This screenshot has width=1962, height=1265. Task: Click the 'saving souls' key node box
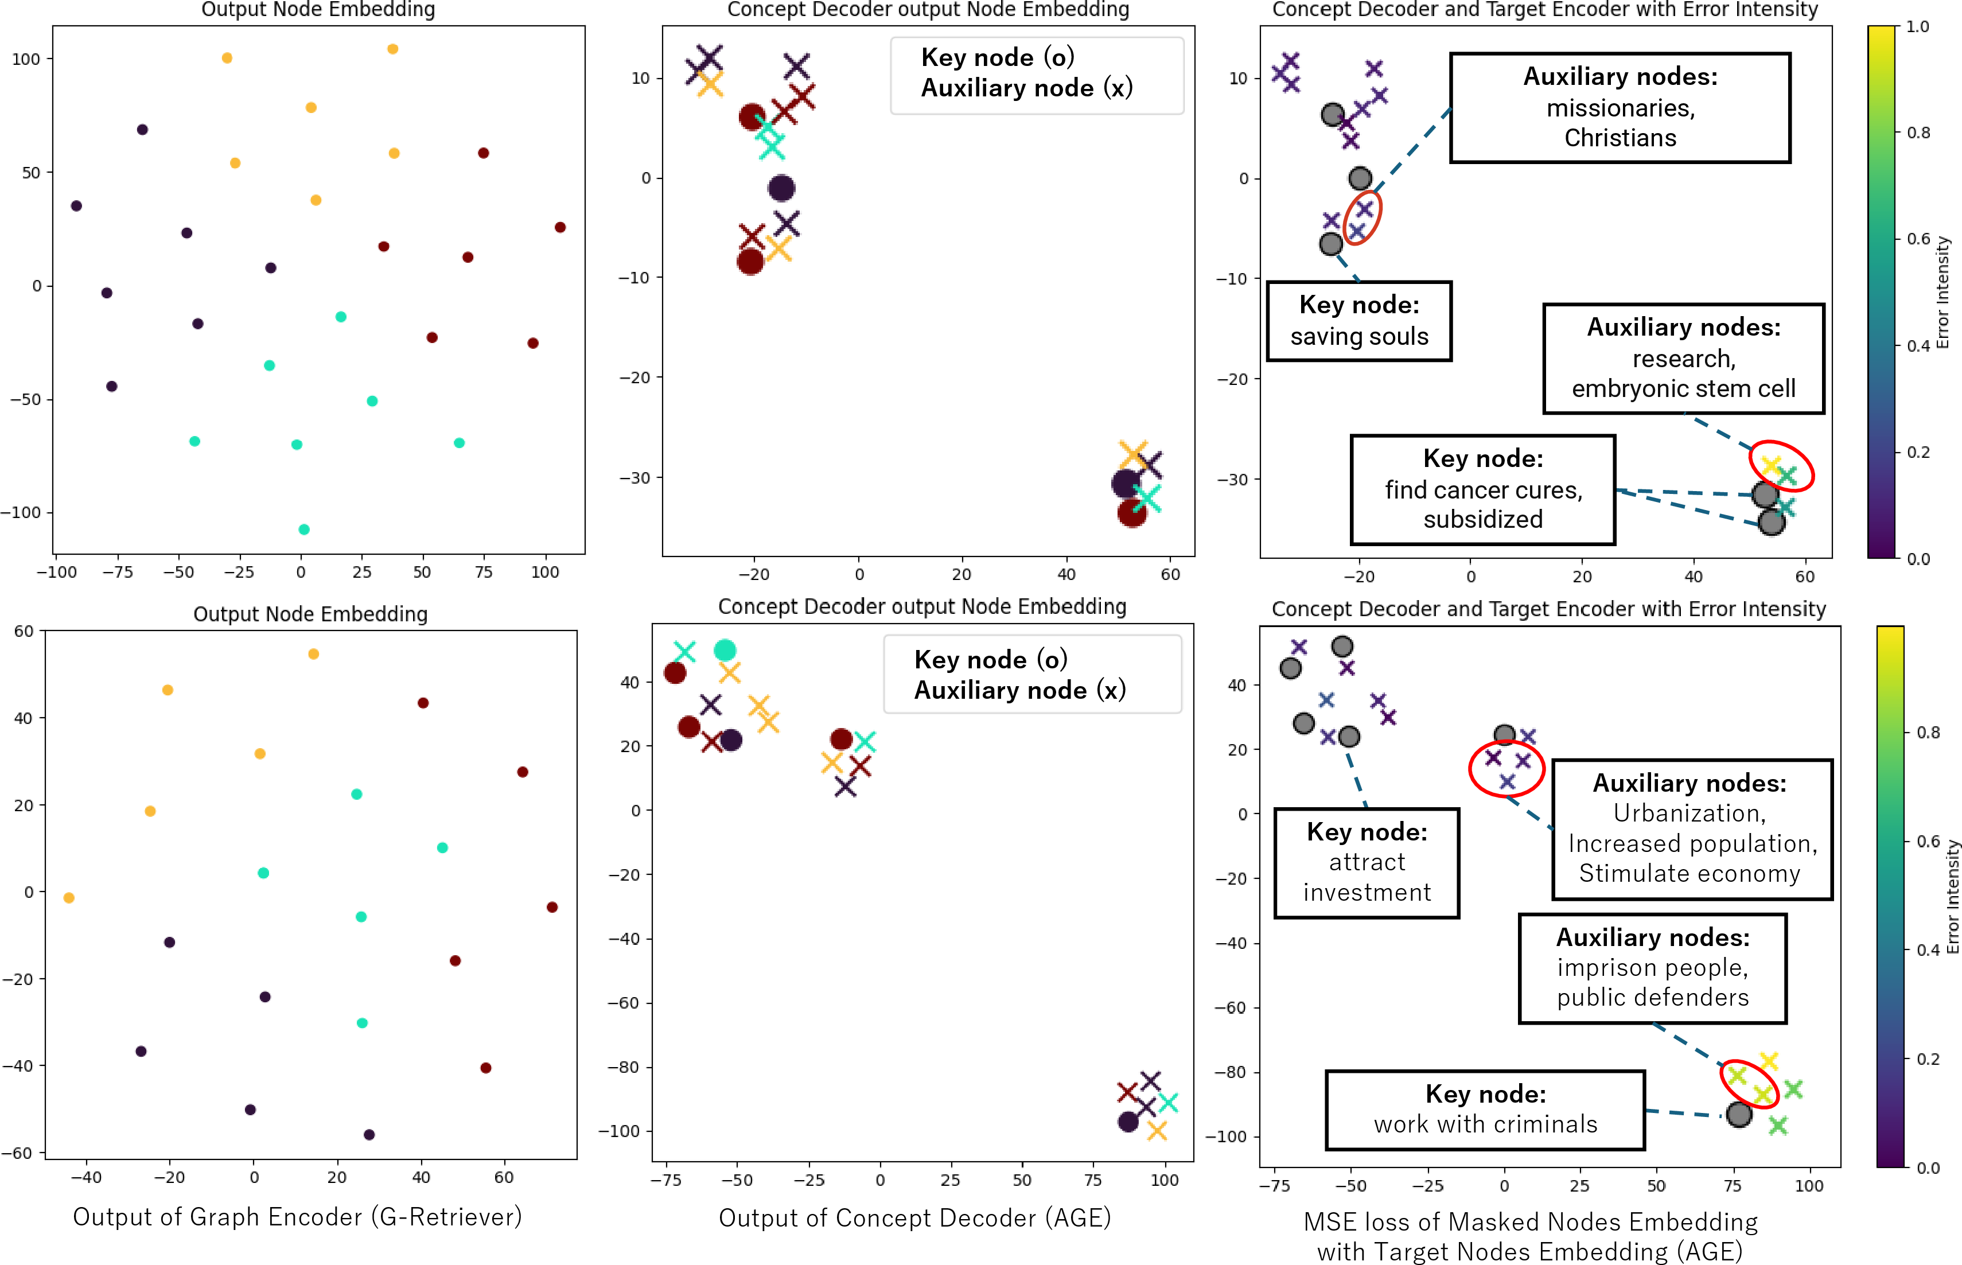click(1359, 321)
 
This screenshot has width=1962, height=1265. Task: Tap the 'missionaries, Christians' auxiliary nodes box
click(1620, 108)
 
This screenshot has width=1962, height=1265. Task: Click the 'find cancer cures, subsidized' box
click(1482, 489)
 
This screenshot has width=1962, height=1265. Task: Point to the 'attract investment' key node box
click(1367, 862)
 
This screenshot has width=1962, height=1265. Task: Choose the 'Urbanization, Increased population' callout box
click(1692, 829)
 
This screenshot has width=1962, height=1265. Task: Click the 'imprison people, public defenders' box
click(1652, 968)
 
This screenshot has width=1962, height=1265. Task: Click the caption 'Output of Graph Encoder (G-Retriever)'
click(297, 1217)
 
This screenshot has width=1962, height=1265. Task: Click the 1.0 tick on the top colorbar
click(1917, 26)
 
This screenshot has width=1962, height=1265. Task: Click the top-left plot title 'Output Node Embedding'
click(318, 10)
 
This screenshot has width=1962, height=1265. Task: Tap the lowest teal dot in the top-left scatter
click(304, 529)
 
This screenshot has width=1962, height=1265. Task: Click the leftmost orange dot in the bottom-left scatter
click(69, 898)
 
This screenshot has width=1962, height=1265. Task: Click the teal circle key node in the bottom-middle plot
click(725, 651)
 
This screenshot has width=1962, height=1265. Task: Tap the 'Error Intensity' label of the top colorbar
click(1942, 293)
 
